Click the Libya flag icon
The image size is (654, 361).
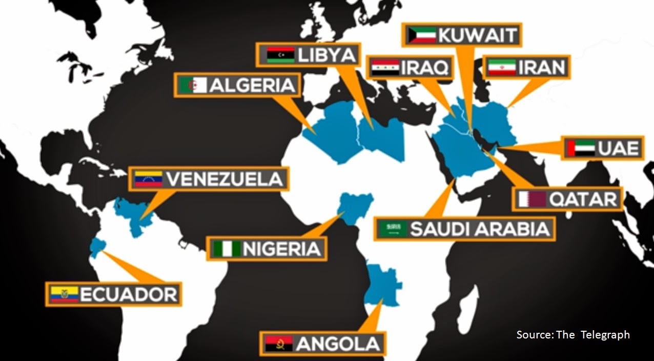click(281, 54)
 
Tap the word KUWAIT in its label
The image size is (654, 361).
click(478, 35)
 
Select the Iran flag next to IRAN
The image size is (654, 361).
click(502, 67)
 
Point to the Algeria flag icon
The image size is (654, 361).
click(192, 85)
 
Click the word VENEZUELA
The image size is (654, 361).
click(225, 179)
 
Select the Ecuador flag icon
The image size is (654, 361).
click(65, 294)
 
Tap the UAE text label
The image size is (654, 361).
click(619, 148)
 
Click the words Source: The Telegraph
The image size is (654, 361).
click(573, 335)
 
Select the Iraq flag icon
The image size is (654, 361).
click(385, 67)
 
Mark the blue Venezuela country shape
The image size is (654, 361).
click(132, 215)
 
